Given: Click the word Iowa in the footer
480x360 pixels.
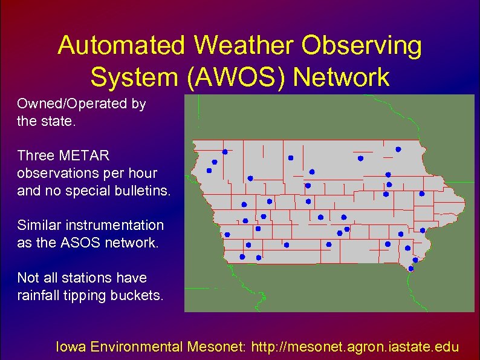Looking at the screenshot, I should tap(71, 347).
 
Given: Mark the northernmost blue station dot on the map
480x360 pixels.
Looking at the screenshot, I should tap(398, 149).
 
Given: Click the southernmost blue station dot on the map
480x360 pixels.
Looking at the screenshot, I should tap(411, 268).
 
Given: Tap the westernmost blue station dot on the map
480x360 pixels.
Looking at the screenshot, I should tap(209, 171).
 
